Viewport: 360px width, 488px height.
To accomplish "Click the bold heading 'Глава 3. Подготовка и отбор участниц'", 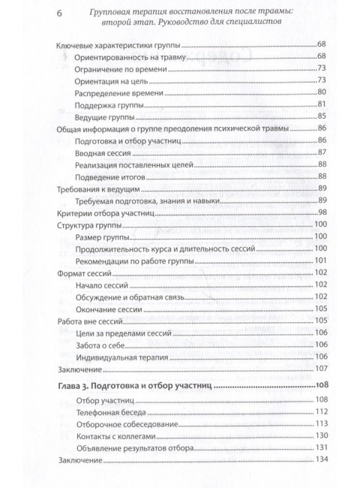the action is tap(134, 385).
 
